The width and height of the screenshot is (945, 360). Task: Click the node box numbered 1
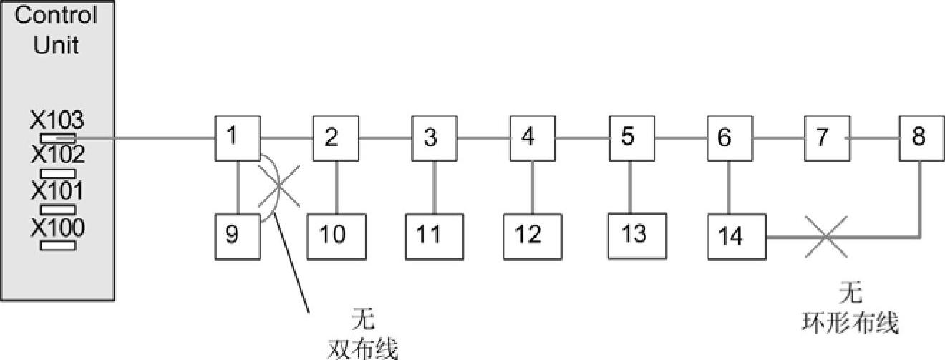[x=237, y=138]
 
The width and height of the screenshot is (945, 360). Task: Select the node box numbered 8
[x=919, y=138]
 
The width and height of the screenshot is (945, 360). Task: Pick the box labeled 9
[x=237, y=234]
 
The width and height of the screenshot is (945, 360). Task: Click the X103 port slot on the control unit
[x=57, y=137]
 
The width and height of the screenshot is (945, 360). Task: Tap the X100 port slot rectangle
[x=57, y=245]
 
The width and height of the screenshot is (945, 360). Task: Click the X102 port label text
[x=57, y=154]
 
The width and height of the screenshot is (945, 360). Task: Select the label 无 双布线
[x=362, y=333]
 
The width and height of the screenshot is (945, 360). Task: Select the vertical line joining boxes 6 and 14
[x=728, y=188]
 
